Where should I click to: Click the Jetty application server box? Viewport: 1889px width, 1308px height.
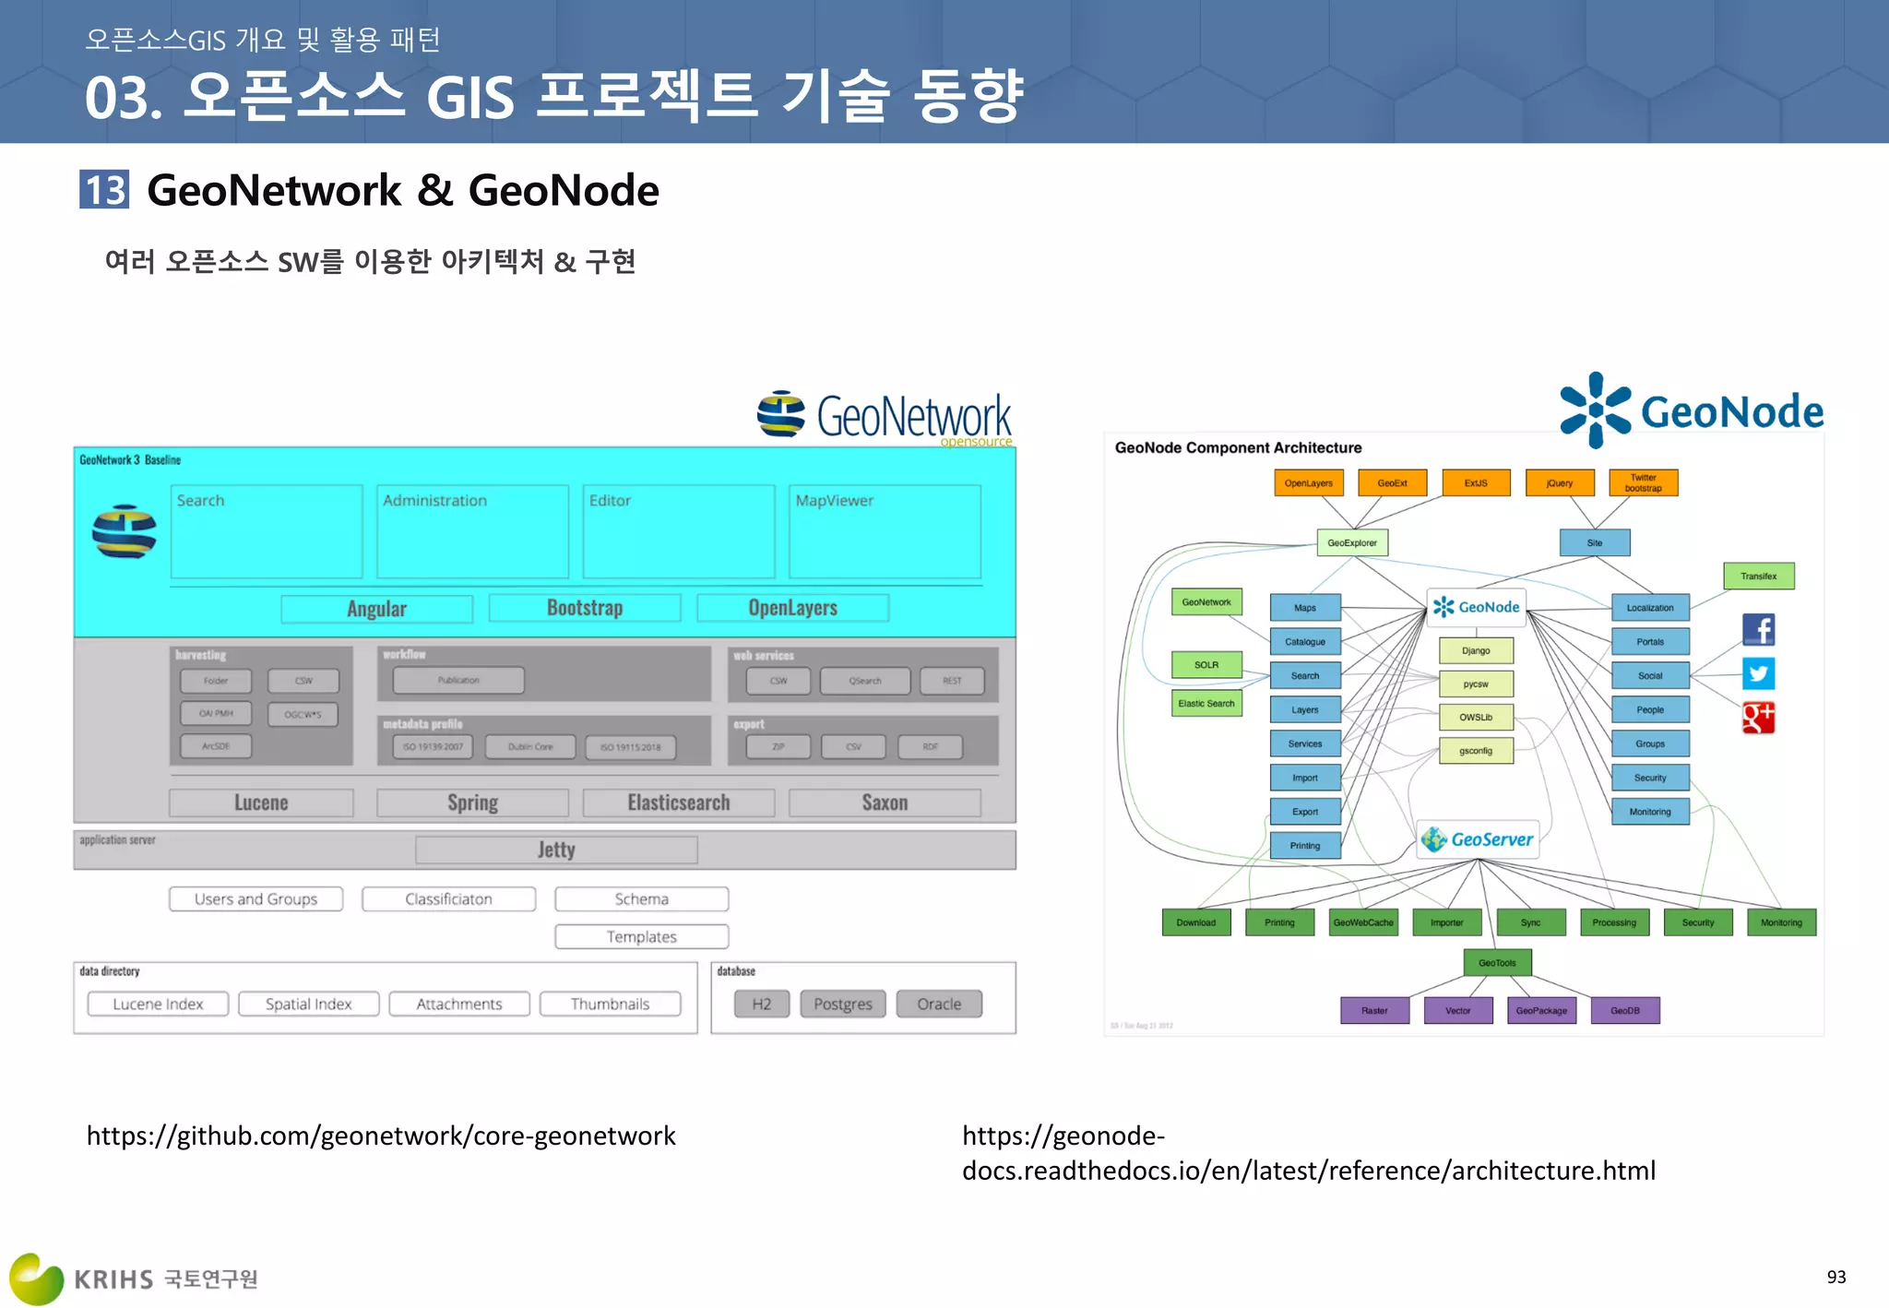556,850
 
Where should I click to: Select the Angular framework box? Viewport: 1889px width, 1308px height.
376,609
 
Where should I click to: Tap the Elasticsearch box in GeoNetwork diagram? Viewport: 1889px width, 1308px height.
679,803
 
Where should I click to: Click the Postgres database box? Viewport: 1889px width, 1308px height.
842,1004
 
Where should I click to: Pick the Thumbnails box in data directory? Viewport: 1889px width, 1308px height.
610,1004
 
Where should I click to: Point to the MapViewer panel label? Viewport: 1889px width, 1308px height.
834,500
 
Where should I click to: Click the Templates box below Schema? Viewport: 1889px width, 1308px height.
641,936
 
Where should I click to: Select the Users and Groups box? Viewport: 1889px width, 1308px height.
255,898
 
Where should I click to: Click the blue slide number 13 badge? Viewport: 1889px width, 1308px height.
104,190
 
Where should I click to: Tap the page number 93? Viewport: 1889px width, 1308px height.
1836,1277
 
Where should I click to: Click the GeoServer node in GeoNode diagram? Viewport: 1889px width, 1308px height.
1478,839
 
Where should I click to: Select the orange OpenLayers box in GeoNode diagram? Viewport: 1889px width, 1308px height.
1308,483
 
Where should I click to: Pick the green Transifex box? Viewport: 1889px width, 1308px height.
1758,576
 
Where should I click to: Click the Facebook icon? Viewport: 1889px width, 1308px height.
1758,629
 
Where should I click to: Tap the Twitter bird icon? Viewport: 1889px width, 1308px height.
1758,673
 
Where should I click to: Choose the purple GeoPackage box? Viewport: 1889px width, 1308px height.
1541,1010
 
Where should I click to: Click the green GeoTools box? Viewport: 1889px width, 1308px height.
1497,962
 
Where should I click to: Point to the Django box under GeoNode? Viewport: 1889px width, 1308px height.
1476,650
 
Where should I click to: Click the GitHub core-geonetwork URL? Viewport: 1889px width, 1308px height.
381,1136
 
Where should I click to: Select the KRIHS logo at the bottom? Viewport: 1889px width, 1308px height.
134,1278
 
